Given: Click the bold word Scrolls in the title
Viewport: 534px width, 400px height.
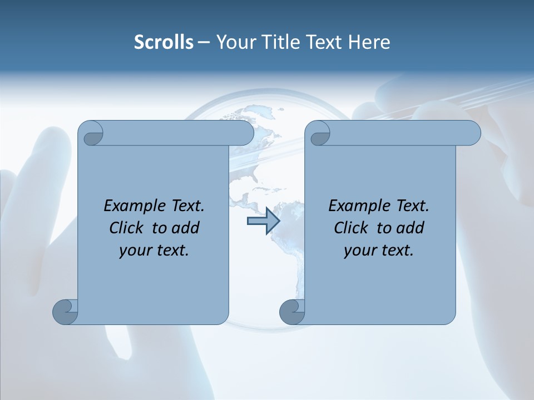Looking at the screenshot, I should pyautogui.click(x=164, y=42).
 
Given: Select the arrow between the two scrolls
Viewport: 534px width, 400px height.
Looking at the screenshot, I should pyautogui.click(x=263, y=222).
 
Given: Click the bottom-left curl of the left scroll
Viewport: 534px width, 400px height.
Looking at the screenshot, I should pyautogui.click(x=65, y=312).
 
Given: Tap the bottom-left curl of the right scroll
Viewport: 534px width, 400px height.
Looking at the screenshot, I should pyautogui.click(x=291, y=312).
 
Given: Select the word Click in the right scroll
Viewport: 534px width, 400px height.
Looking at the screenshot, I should pyautogui.click(x=352, y=228).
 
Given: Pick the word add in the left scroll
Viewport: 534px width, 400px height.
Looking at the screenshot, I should pyautogui.click(x=186, y=228).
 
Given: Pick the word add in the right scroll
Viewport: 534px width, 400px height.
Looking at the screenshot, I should pyautogui.click(x=411, y=228).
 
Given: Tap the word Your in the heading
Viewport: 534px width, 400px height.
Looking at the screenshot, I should pyautogui.click(x=234, y=42).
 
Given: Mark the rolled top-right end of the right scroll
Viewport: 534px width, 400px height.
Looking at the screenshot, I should pyautogui.click(x=469, y=133).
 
